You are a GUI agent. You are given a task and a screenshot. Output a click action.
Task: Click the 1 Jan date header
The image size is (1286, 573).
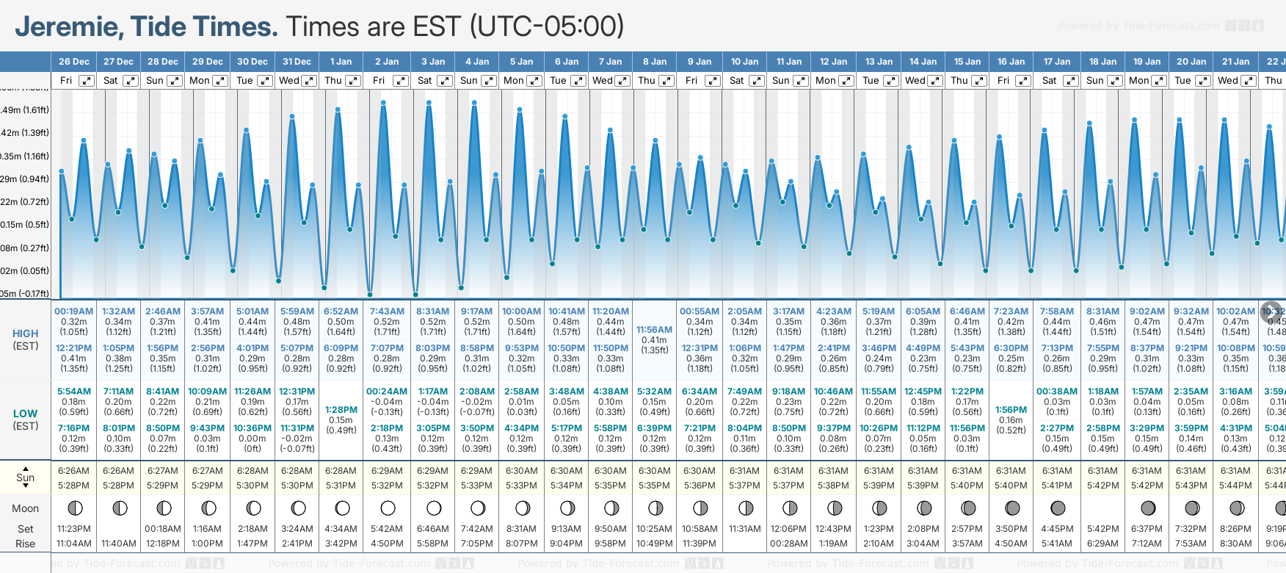click(341, 62)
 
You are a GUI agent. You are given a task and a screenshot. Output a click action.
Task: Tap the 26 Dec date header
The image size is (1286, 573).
click(74, 62)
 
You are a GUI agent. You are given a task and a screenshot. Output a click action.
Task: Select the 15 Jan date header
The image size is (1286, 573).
click(967, 62)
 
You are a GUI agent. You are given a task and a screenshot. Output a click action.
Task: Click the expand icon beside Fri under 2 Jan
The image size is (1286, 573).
click(401, 81)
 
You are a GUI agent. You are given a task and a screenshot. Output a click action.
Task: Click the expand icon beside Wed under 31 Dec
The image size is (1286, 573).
click(309, 81)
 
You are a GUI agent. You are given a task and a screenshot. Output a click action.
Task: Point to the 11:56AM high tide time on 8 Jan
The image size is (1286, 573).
click(654, 330)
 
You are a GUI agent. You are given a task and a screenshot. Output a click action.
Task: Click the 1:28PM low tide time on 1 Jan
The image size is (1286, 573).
click(341, 410)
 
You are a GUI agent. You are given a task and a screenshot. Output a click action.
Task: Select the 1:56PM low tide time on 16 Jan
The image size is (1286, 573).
click(1011, 410)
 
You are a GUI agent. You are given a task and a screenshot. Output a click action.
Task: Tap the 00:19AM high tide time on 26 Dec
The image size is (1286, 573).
click(74, 311)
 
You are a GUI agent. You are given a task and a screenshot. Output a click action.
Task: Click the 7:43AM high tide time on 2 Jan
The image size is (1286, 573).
click(387, 311)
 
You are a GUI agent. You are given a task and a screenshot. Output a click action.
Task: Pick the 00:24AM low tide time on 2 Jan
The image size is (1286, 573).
click(387, 392)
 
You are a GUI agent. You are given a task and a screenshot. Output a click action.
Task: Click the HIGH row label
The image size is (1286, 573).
click(26, 334)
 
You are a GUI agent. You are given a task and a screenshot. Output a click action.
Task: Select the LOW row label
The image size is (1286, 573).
click(26, 414)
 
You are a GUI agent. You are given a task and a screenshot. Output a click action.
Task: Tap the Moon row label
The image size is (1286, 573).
click(26, 508)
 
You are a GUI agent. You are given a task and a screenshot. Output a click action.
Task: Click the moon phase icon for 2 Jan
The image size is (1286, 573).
click(388, 508)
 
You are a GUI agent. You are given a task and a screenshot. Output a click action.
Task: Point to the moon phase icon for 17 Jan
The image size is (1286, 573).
click(1058, 508)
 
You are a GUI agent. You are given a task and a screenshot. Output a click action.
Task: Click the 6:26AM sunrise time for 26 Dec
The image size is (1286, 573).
click(74, 471)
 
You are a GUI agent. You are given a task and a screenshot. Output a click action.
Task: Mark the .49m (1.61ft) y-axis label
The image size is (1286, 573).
click(25, 110)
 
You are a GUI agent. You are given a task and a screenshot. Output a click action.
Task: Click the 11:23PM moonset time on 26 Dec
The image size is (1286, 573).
click(74, 529)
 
